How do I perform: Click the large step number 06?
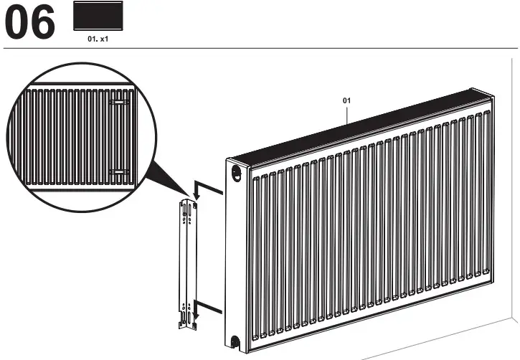[30, 24]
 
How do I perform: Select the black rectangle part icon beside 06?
[98, 16]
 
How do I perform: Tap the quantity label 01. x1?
[98, 40]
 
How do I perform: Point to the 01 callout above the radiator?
[346, 101]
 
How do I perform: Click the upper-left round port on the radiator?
[236, 172]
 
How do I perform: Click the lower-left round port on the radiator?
[237, 341]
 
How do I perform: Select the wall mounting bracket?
[186, 265]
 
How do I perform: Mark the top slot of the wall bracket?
[186, 209]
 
